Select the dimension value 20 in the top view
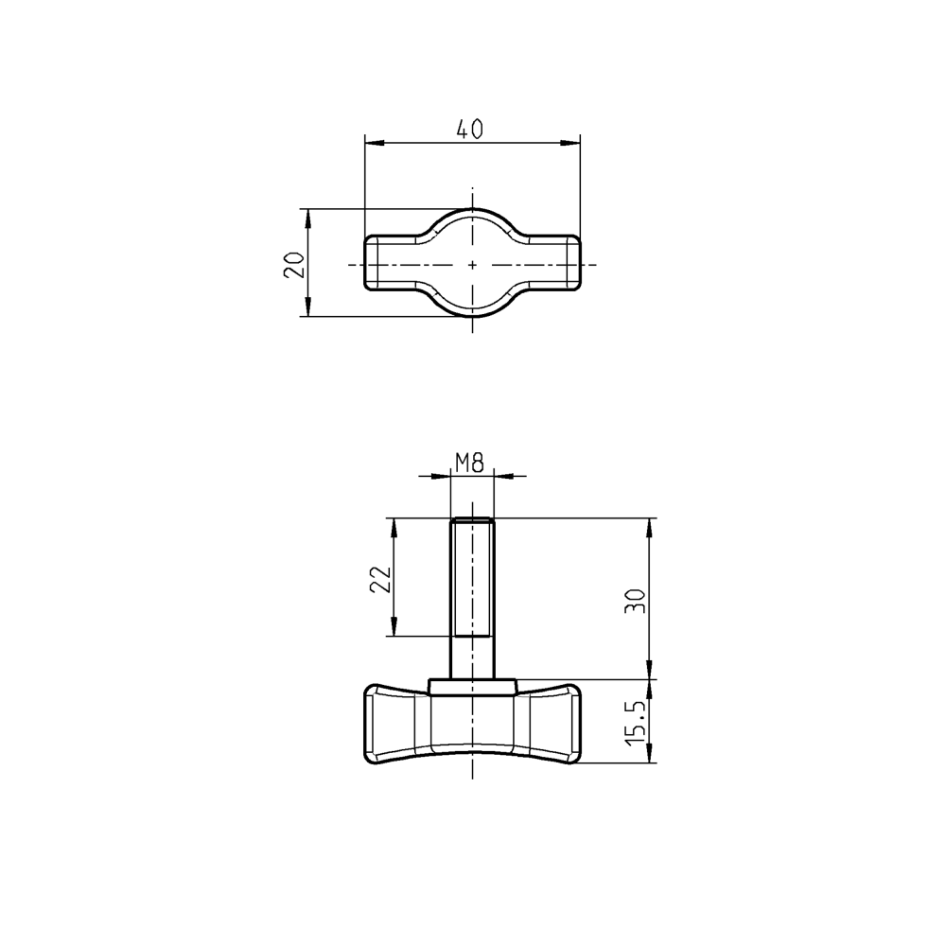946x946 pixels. (294, 264)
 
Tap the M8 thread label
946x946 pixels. (470, 463)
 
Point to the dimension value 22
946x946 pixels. (378, 578)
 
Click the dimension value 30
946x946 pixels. (637, 600)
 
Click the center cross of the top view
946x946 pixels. (472, 264)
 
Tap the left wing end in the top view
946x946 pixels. (370, 264)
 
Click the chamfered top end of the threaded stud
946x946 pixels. (472, 520)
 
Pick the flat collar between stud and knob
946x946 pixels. (472, 685)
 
